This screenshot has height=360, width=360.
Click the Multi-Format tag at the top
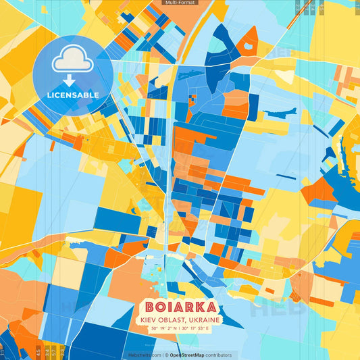point(179,3)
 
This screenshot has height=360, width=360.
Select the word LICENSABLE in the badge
point(72,95)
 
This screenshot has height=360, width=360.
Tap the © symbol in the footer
point(166,355)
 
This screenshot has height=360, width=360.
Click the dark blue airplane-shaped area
point(280,113)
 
